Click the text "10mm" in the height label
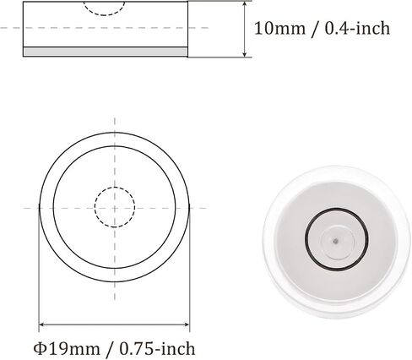279,29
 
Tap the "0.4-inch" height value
357,29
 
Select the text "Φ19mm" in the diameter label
67,348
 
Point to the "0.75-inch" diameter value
157,348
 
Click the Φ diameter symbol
40,348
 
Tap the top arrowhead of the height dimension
245,4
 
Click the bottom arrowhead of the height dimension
245,54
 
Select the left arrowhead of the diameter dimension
42,325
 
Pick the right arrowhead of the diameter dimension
186,325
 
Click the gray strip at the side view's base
106,52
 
